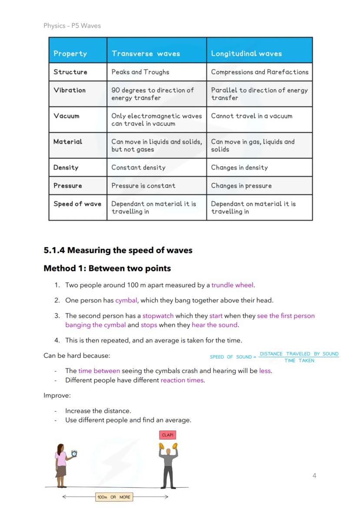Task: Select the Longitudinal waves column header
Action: (246, 53)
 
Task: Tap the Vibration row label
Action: (70, 90)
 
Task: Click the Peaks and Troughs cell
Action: (140, 72)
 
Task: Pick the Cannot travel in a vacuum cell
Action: (251, 116)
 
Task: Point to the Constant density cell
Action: (138, 167)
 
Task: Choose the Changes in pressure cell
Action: (241, 186)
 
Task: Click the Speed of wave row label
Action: (77, 204)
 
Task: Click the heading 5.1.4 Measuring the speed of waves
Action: (118, 250)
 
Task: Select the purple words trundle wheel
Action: (232, 285)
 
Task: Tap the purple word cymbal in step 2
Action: (126, 300)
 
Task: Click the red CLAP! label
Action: (168, 435)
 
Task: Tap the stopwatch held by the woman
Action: (74, 453)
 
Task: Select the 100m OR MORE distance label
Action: (114, 497)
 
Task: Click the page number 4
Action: (314, 476)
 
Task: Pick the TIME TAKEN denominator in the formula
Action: (299, 360)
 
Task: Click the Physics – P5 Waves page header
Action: (72, 26)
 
